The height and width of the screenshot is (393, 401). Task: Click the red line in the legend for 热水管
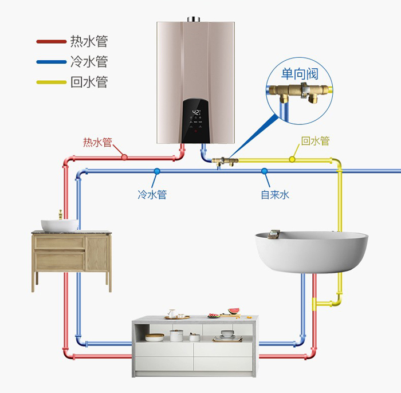point(51,41)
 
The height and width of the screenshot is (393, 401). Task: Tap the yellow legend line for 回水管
point(51,82)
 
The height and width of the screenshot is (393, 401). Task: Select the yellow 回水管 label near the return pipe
point(315,141)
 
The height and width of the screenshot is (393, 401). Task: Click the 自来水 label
point(275,195)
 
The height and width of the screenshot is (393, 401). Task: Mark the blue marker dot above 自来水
point(264,171)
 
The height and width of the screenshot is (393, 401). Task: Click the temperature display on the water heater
point(196,112)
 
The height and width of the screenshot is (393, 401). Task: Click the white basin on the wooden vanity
point(58,225)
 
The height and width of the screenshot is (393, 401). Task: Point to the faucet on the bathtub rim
point(274,233)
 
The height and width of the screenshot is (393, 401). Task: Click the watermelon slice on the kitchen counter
point(233,312)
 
